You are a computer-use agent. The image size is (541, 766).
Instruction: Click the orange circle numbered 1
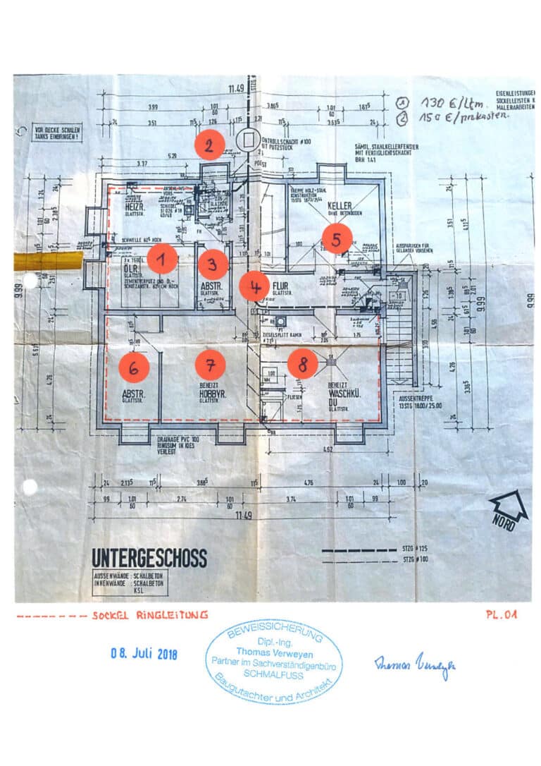click(162, 260)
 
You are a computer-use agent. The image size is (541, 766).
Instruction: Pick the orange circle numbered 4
click(254, 286)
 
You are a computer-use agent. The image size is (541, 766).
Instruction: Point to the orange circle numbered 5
click(337, 238)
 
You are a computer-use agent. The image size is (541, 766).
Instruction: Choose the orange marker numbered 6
click(134, 366)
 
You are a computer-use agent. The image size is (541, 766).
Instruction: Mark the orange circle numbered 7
click(210, 364)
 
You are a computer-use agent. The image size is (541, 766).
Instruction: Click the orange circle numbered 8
click(303, 364)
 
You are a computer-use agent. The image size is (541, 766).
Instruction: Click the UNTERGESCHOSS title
click(149, 558)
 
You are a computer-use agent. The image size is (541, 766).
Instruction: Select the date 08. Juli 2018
click(144, 654)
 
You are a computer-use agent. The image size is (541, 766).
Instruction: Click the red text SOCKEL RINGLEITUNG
click(149, 615)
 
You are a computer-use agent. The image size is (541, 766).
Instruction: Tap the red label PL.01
click(501, 614)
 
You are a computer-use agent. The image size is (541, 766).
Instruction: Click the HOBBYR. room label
click(211, 395)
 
